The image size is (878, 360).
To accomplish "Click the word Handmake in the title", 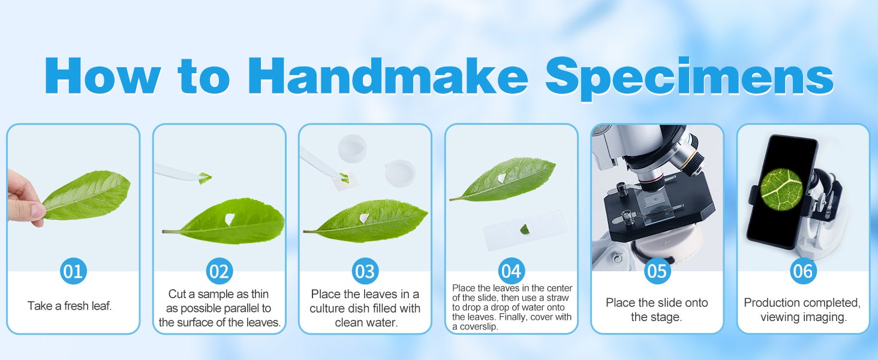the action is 393,76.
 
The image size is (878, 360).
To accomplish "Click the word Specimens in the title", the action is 690,78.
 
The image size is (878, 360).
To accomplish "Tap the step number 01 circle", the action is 73,271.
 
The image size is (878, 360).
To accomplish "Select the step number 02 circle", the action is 219,271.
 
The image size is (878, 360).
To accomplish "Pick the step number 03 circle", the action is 365,271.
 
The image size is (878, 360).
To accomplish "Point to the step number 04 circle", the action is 511,271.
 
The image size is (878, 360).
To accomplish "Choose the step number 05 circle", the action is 657,271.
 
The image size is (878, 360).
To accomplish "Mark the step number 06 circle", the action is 803,271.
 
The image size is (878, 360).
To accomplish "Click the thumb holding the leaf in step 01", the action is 34,211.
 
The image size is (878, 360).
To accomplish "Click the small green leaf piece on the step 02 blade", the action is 205,178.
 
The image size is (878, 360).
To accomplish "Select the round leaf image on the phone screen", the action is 781,189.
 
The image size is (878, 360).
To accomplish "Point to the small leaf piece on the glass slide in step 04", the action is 524,229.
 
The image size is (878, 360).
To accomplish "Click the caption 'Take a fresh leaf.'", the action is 70,305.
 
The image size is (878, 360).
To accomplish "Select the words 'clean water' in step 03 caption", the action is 365,322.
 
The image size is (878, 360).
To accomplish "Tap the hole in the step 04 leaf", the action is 501,178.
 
